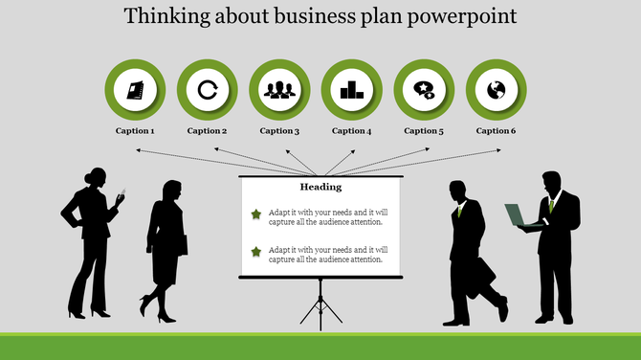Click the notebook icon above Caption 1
(135, 90)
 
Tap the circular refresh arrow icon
(207, 90)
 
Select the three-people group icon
(279, 90)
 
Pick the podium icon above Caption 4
(351, 90)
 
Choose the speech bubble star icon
(424, 90)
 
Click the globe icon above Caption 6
(496, 90)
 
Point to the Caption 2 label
(207, 131)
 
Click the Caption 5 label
(424, 131)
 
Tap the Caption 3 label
(279, 131)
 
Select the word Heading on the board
(320, 187)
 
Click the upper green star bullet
(255, 214)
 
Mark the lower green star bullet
(255, 252)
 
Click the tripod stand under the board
(321, 303)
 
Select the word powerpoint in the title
(467, 16)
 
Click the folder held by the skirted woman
(181, 245)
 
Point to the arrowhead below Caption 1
(139, 150)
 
